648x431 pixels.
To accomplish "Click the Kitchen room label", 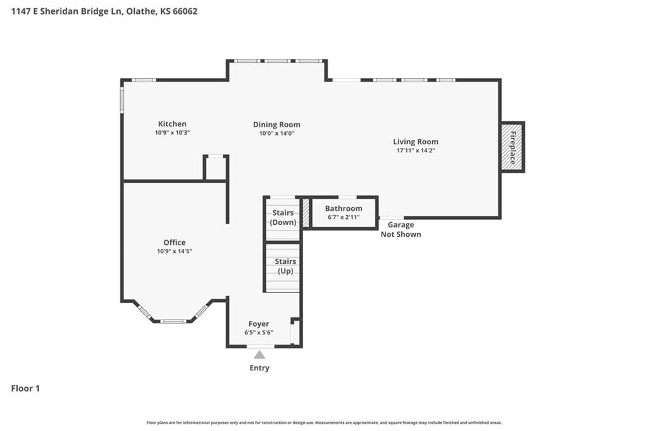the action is pyautogui.click(x=172, y=123).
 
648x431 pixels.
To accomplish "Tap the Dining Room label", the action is pyautogui.click(x=277, y=125).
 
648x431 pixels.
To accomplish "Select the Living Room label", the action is pyautogui.click(x=416, y=142).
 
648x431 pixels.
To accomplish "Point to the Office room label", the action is pyautogui.click(x=175, y=242).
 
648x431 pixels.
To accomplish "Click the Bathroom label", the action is pyautogui.click(x=344, y=208).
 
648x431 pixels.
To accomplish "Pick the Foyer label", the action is pyautogui.click(x=259, y=324).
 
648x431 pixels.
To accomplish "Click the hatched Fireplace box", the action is pyautogui.click(x=513, y=147).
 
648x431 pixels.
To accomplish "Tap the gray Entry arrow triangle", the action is pyautogui.click(x=259, y=354).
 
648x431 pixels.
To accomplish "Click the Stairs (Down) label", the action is pyautogui.click(x=283, y=217).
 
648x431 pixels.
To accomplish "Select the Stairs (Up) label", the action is pyautogui.click(x=285, y=266).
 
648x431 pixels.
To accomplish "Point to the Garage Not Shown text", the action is pyautogui.click(x=401, y=229).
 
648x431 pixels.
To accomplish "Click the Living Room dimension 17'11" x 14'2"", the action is pyautogui.click(x=416, y=151).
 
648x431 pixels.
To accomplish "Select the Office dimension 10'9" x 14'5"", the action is pyautogui.click(x=175, y=251).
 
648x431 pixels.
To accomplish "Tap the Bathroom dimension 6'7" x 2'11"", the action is pyautogui.click(x=344, y=217).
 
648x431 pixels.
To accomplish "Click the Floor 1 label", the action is pyautogui.click(x=25, y=389).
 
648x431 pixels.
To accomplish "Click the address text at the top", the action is pyautogui.click(x=104, y=11).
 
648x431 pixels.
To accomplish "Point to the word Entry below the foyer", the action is pyautogui.click(x=259, y=368).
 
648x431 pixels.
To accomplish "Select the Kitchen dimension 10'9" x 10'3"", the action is pyautogui.click(x=172, y=133).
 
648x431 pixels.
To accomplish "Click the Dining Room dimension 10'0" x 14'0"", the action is pyautogui.click(x=277, y=133).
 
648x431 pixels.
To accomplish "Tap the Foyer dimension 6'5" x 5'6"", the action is pyautogui.click(x=259, y=332).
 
